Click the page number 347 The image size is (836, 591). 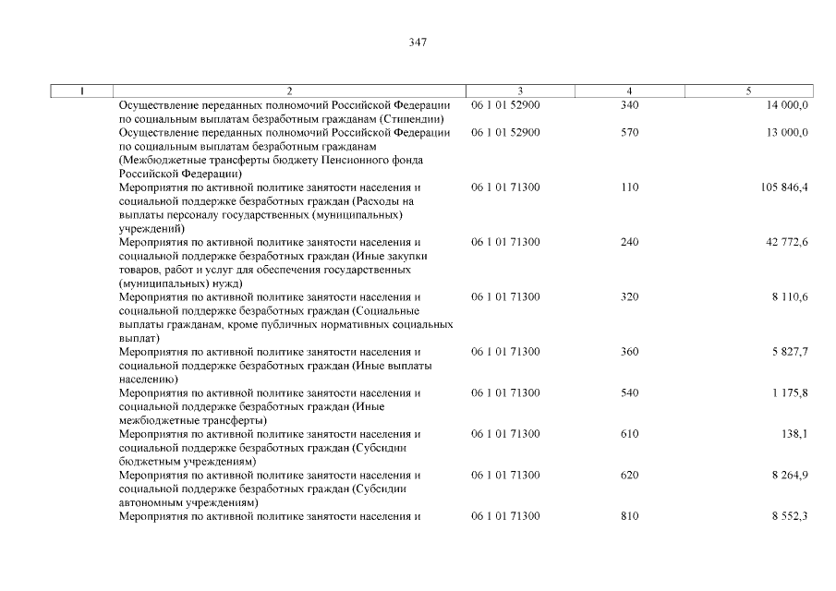418,42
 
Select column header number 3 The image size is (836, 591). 520,90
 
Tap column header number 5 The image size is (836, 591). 748,90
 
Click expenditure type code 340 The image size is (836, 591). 630,105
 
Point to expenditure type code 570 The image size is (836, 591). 630,133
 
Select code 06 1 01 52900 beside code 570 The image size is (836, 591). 505,133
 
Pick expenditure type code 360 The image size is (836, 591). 630,352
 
